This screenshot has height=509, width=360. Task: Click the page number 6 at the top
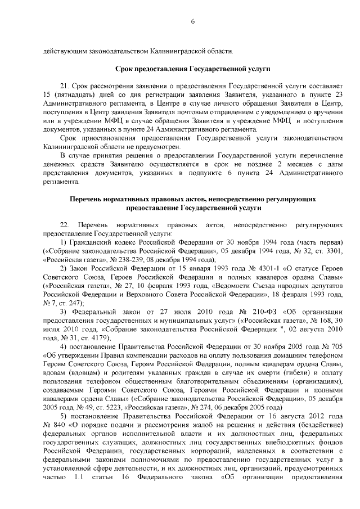click(192, 21)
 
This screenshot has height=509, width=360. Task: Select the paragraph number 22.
click(64, 224)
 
